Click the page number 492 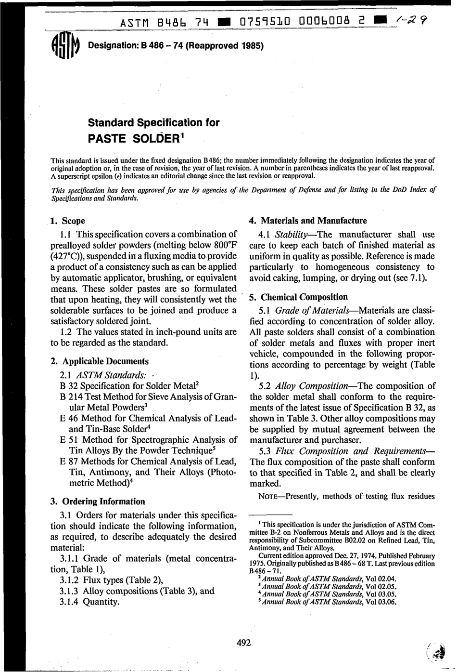click(x=244, y=642)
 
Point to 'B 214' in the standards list click(x=70, y=397)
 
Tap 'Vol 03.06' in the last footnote click(x=381, y=602)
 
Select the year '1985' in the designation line click(x=252, y=46)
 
